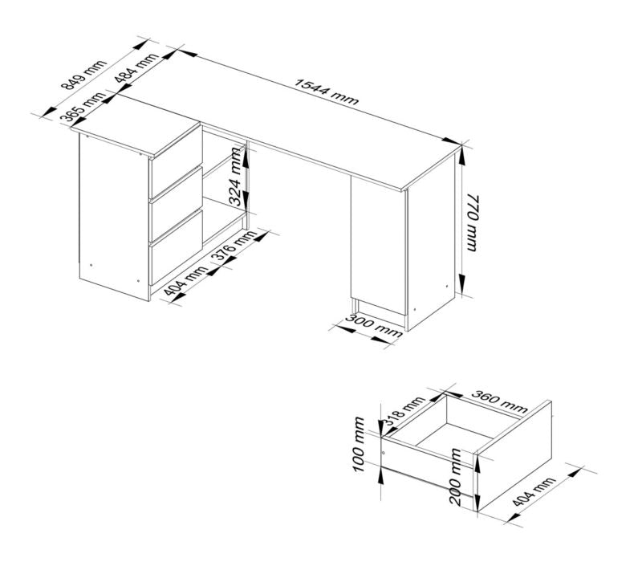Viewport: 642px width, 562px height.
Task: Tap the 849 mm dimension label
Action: (83, 76)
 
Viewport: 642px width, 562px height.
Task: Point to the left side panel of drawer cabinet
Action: (112, 217)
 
